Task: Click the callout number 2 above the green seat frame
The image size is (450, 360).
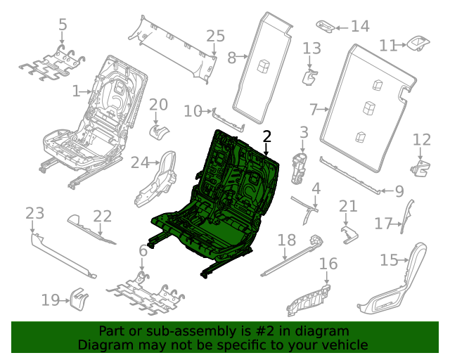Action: (266, 136)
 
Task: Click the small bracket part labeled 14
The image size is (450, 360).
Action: (326, 26)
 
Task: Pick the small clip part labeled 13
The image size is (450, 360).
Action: (309, 75)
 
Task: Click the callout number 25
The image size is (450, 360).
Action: (215, 36)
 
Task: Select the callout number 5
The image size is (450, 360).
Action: (63, 25)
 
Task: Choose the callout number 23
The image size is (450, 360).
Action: (34, 213)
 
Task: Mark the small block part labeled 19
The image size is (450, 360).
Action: (78, 300)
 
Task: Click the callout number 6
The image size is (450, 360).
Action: (143, 250)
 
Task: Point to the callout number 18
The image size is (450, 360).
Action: (286, 240)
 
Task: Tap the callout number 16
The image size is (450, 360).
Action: (328, 264)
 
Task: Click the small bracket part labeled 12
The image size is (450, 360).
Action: (419, 167)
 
